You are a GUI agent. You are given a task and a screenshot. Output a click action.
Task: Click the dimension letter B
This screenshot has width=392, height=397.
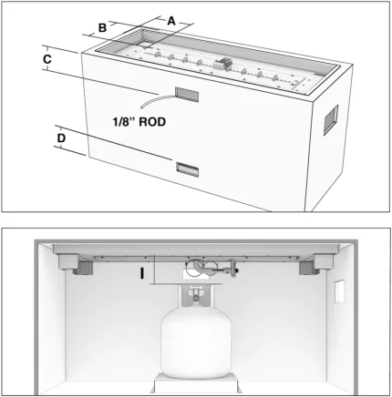coord(103,28)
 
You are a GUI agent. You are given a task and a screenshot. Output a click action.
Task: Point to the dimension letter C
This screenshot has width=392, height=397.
coord(47,59)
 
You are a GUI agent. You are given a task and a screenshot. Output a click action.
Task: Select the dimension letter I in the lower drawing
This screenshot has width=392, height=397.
coord(142,271)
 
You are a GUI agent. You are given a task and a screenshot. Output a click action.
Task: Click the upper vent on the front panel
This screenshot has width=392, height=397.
coord(187,93)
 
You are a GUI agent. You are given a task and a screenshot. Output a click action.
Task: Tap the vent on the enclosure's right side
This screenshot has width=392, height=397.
coord(330,119)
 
